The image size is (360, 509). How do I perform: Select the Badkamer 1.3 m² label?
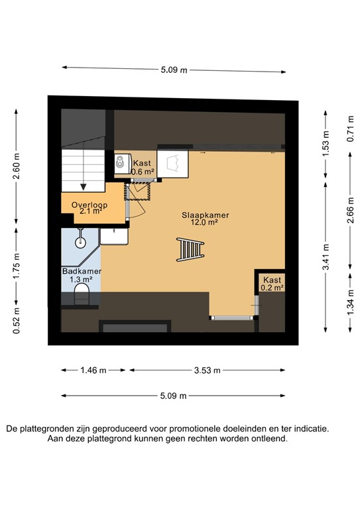coord(82,276)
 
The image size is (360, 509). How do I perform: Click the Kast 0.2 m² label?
coord(272,284)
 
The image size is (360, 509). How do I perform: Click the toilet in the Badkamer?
coord(82,294)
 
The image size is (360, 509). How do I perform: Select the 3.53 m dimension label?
coord(208,370)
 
